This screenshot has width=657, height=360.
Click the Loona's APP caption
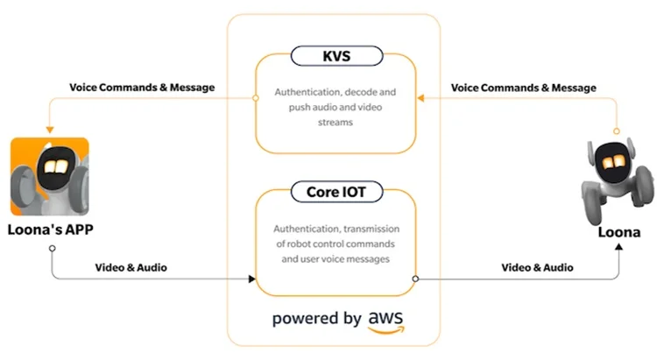(x=52, y=232)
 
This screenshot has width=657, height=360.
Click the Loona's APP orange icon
(x=51, y=175)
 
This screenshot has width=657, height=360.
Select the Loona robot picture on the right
(x=612, y=180)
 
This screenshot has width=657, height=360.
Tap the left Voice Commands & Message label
(x=143, y=88)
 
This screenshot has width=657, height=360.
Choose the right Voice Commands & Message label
(x=524, y=88)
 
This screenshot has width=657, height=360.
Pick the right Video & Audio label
(x=536, y=266)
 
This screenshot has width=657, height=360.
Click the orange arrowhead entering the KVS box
(x=420, y=98)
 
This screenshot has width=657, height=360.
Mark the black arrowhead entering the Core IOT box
(x=251, y=279)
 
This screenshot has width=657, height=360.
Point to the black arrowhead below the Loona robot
(x=618, y=248)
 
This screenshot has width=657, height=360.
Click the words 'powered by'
(x=315, y=318)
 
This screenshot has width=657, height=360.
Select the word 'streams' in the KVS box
(x=336, y=124)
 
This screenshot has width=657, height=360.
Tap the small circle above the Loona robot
(x=617, y=131)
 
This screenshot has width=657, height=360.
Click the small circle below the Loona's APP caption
(x=52, y=249)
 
